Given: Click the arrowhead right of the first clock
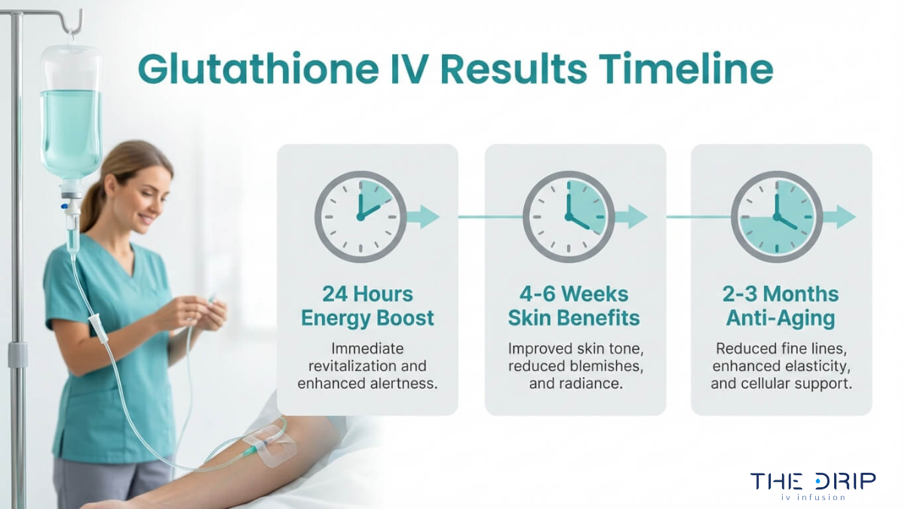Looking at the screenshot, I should [x=430, y=216].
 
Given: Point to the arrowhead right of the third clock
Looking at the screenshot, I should [x=845, y=216].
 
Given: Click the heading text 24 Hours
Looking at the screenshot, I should [x=367, y=293].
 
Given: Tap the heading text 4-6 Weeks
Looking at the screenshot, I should [x=575, y=293].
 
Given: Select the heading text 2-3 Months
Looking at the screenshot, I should [x=781, y=293].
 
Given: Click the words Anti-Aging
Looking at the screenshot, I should [x=781, y=318].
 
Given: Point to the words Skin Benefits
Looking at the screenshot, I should [x=575, y=318].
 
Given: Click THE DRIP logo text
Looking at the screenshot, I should [x=813, y=481].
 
